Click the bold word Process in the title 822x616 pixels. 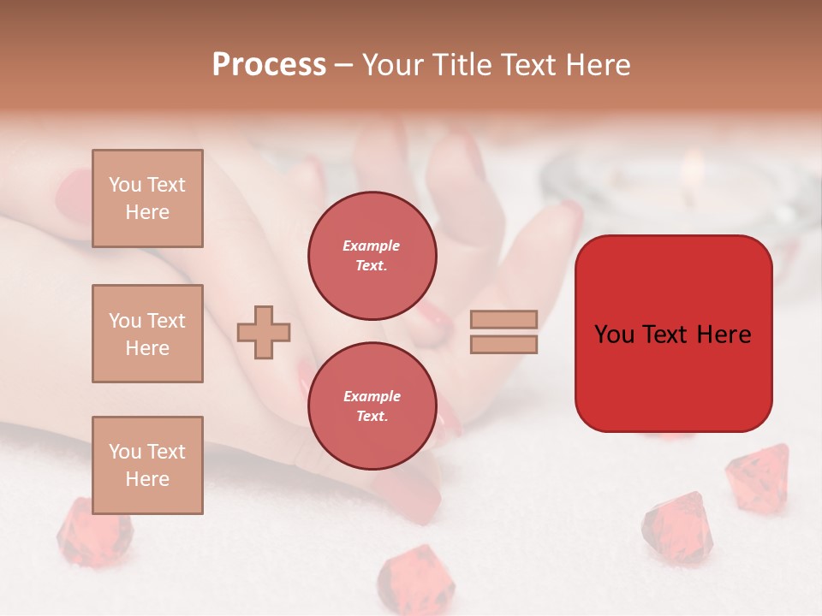coord(269,65)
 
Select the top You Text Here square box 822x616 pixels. coord(147,198)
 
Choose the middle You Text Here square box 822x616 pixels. coord(147,334)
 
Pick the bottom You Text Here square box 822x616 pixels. coord(147,465)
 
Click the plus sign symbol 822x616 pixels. coord(264,332)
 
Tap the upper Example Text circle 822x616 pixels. coord(372,256)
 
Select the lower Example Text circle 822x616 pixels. coord(372,406)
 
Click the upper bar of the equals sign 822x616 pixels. coord(503,319)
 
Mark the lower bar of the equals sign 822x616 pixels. coord(503,345)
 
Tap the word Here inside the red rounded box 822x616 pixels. coord(724,335)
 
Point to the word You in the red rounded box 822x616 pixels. coord(615,335)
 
